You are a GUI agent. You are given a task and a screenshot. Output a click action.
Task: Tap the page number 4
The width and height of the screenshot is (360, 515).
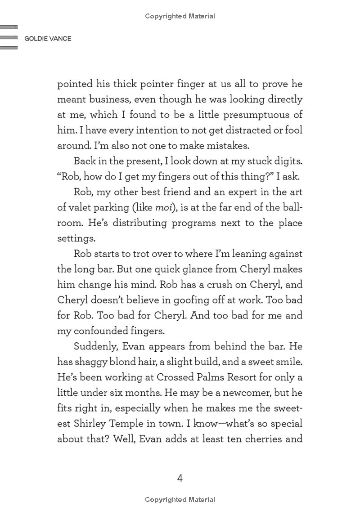(180, 478)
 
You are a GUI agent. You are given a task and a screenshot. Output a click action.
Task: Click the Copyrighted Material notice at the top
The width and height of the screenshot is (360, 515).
(180, 16)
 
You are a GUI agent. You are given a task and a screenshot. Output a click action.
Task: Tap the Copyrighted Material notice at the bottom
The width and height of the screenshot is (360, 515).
(180, 499)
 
